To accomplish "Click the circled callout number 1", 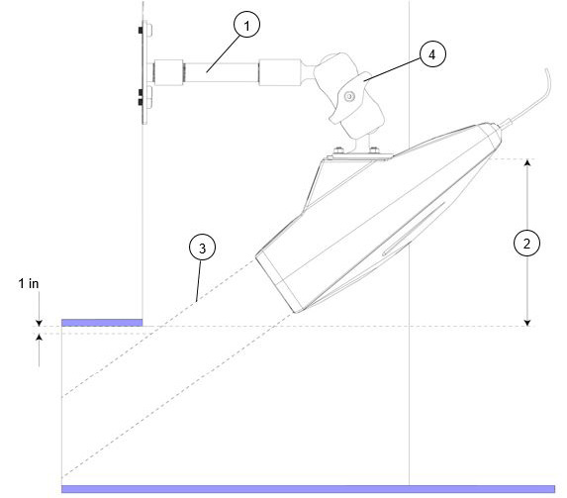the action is pos(246,25).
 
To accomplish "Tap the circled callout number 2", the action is pos(526,244).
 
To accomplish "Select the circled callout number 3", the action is pos(203,248).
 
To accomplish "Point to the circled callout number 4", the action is pos(432,54).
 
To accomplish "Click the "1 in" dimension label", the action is pos(29,284).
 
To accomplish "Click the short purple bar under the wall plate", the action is pos(102,323).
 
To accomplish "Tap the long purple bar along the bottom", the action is pos(308,489).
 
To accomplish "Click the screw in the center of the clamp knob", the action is pos(349,97).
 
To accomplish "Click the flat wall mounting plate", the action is pos(144,72).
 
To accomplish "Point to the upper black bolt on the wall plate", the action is pos(141,31).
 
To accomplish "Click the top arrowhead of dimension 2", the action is pos(527,162).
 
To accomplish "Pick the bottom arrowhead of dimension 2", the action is pos(527,323).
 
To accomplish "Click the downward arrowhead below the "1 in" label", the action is pos(39,323).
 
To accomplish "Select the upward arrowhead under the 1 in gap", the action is pos(39,337).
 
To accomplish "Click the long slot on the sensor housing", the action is pos(414,229).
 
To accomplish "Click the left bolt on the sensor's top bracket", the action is pos(338,149).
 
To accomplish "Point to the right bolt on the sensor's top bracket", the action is pos(373,149).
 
